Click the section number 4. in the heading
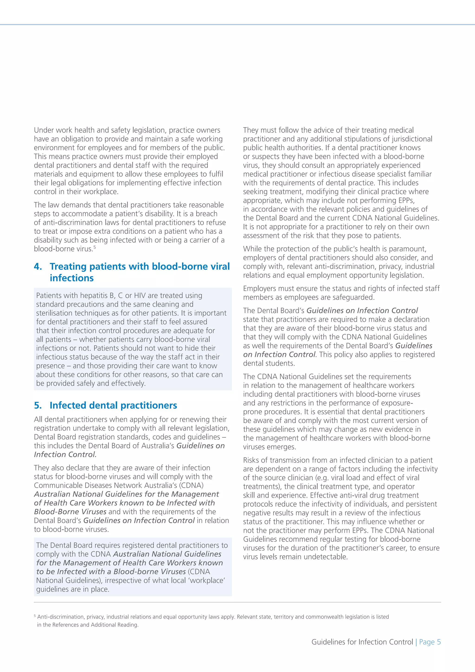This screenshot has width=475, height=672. click(38, 266)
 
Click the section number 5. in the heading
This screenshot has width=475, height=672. click(38, 405)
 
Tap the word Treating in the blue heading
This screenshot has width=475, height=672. click(68, 266)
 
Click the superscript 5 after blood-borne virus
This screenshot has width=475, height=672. click(95, 247)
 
